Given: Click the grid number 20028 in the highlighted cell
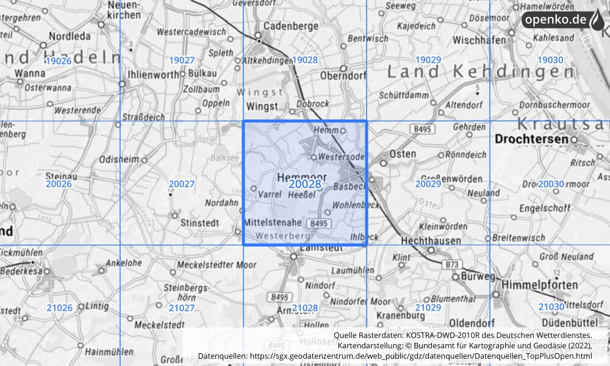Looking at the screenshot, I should [305, 184].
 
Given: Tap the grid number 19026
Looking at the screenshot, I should [59, 60].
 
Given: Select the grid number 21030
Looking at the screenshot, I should [551, 307].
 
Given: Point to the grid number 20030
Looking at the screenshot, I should [551, 184].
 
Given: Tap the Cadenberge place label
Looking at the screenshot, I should [290, 26].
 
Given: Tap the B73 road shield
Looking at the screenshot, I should [452, 264].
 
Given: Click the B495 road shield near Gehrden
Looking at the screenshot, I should [420, 129].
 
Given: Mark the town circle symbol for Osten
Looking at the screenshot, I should [383, 163].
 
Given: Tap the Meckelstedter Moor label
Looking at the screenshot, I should [217, 265].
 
